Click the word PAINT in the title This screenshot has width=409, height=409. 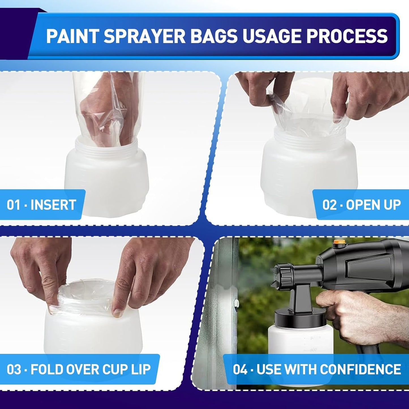point(72,36)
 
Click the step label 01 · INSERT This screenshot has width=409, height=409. point(42,205)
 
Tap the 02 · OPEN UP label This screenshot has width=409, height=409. point(361,205)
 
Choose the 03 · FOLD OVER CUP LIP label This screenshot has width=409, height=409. point(79,369)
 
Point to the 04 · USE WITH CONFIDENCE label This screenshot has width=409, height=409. point(317,369)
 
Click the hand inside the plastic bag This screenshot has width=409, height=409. point(99,113)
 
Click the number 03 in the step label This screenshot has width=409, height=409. point(14,369)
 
